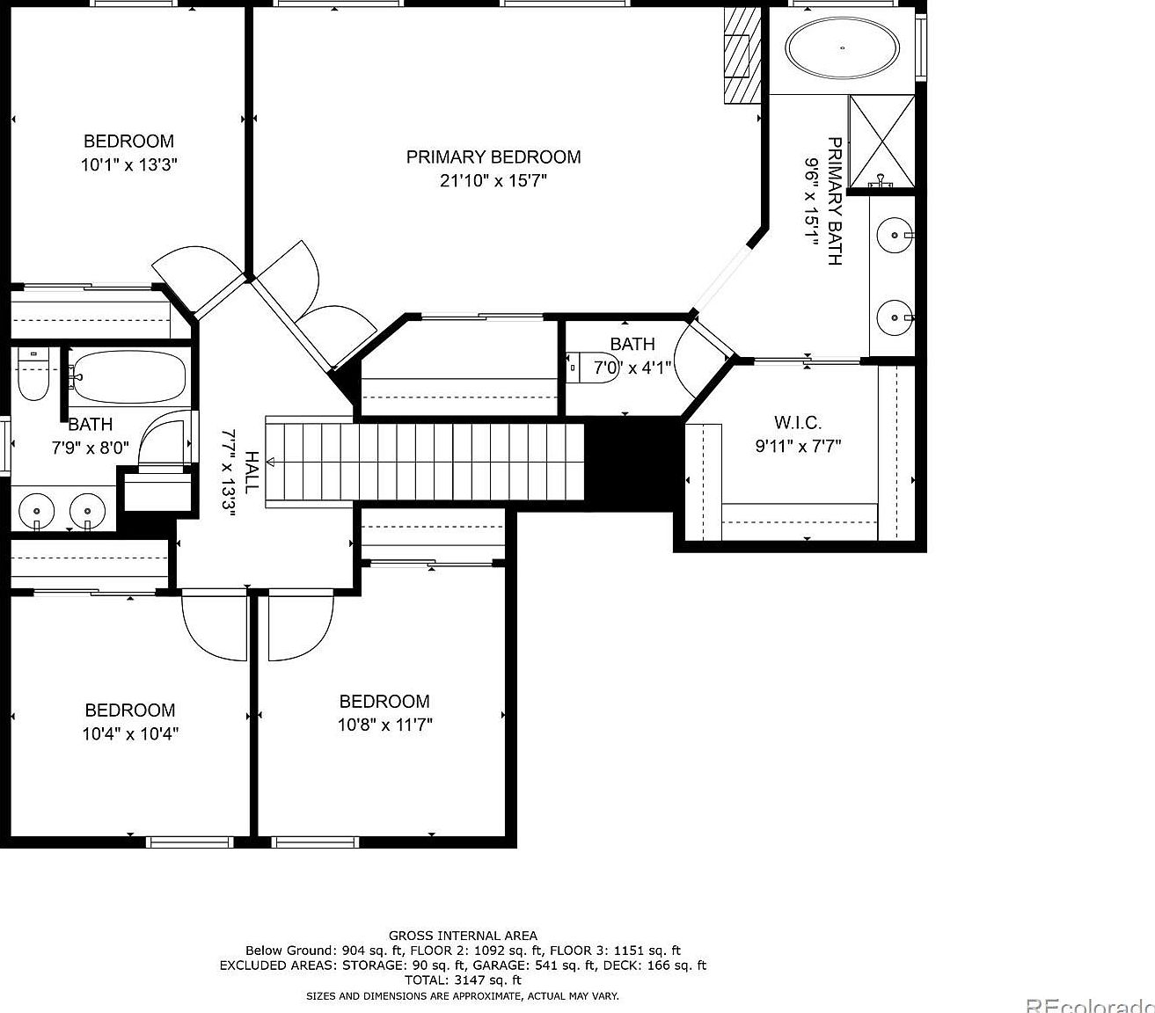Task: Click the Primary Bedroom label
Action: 493,157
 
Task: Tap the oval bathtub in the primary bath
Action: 842,47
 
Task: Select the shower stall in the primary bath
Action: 881,142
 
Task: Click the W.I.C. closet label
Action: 798,423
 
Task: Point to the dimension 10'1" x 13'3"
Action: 129,164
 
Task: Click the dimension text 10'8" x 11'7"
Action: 384,725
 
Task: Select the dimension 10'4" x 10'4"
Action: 130,733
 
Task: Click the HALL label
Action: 252,472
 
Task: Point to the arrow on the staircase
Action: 271,461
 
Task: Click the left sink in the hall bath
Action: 37,509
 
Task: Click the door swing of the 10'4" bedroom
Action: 214,629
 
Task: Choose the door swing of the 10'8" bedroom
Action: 302,629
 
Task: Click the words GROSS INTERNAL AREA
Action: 463,936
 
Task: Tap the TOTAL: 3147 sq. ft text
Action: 463,980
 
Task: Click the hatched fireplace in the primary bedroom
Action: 741,56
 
